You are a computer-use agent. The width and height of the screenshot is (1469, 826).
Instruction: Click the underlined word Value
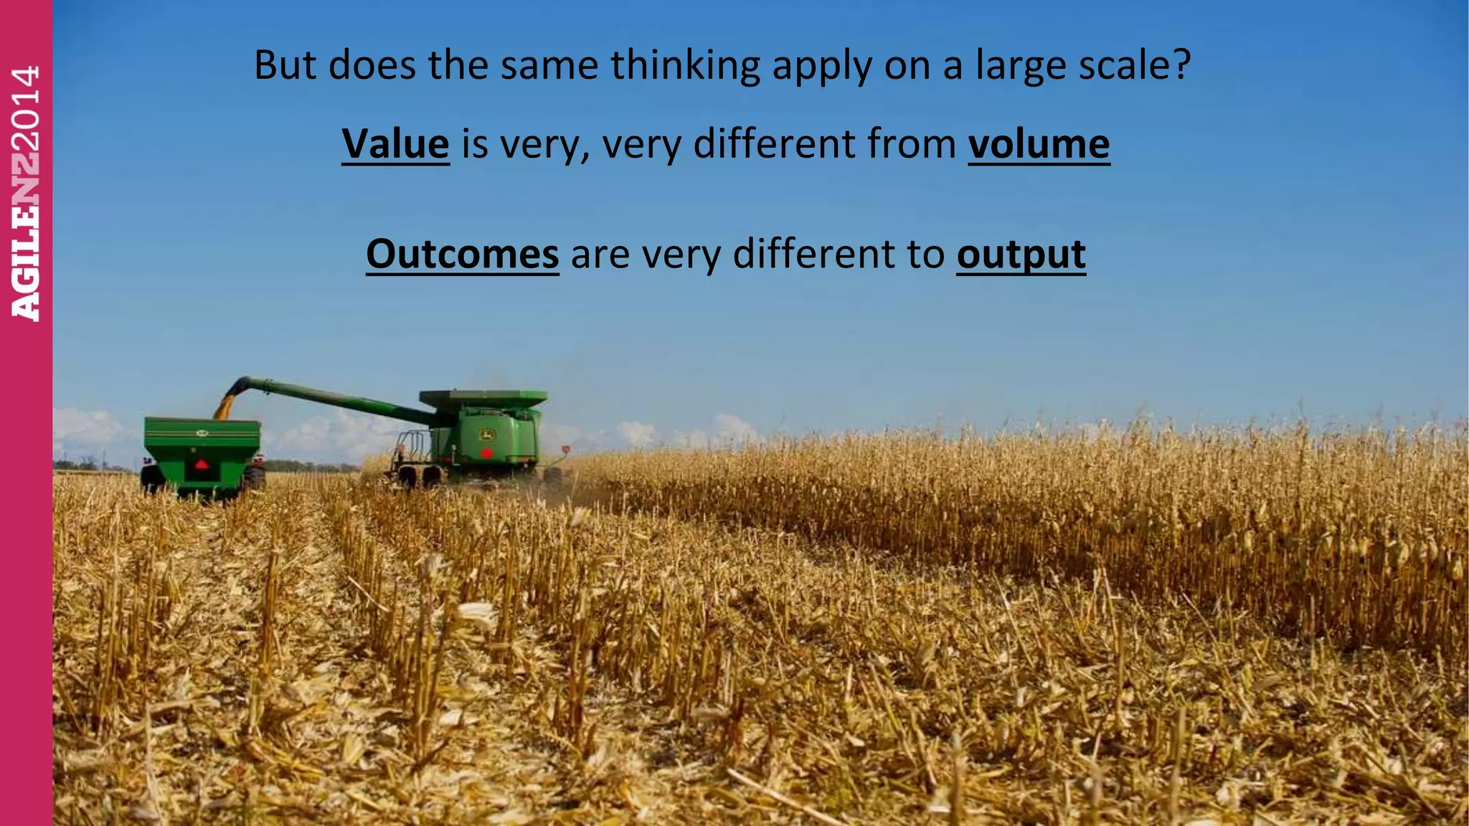pos(395,143)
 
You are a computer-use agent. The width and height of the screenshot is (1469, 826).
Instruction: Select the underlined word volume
pos(1039,143)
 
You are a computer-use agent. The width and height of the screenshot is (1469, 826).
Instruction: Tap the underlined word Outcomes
pos(462,254)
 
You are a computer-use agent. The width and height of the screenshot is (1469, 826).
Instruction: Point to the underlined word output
pos(1021,255)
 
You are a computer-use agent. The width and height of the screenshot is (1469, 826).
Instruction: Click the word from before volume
pos(911,143)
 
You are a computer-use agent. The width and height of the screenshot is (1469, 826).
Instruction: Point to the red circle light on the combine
pos(486,452)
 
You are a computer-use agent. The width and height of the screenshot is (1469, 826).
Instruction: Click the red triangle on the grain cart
pos(202,464)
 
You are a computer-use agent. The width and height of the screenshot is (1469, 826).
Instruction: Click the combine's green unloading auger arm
pos(337,397)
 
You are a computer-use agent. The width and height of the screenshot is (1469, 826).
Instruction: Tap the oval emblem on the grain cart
pos(202,432)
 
